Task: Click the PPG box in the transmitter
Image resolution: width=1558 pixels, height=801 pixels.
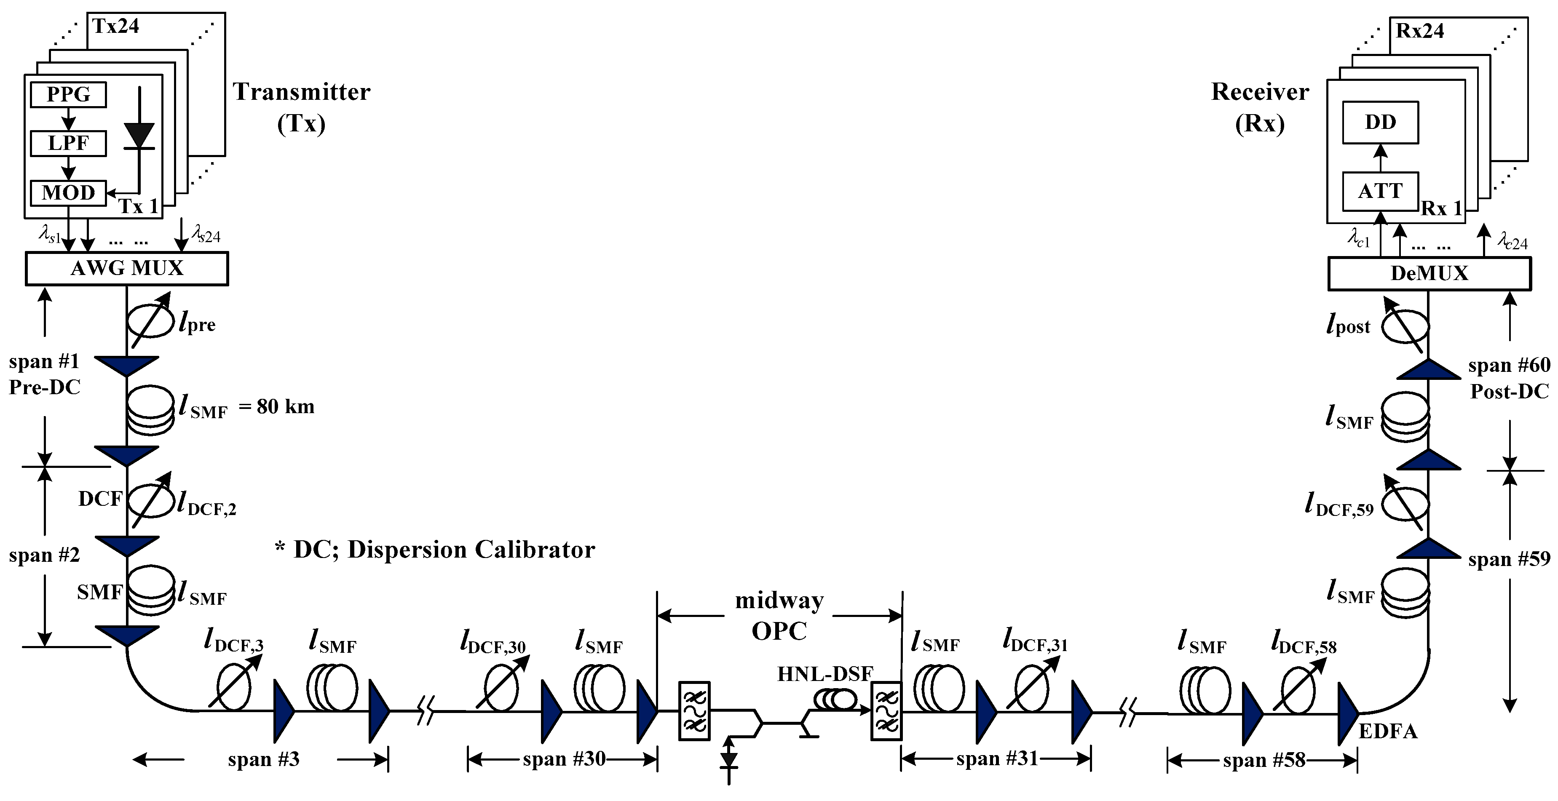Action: tap(68, 95)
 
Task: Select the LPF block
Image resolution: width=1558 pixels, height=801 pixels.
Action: tap(68, 144)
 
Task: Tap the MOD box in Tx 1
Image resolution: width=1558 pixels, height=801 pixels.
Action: tap(68, 193)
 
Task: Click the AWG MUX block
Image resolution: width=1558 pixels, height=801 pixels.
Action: tap(127, 268)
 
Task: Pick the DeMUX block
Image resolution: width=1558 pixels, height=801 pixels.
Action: tap(1429, 274)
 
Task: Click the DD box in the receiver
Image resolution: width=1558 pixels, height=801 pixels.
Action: tap(1380, 123)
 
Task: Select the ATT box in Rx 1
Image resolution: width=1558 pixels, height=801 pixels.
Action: tap(1380, 192)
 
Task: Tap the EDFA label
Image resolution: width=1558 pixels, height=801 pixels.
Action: tap(1388, 732)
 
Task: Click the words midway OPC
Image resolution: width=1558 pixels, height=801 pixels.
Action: tap(779, 616)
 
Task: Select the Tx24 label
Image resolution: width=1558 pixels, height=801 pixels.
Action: tap(115, 27)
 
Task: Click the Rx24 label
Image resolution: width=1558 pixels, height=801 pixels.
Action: tap(1419, 31)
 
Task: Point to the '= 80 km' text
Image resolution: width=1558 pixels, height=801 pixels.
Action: tap(277, 407)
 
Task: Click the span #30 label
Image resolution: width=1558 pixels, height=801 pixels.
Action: tap(564, 759)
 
